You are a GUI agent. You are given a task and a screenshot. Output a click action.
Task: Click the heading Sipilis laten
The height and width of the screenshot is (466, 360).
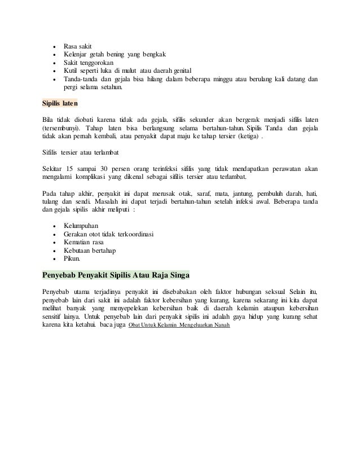pos(60,104)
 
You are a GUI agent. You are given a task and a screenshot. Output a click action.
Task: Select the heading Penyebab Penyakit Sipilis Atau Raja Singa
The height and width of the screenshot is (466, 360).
pos(116,276)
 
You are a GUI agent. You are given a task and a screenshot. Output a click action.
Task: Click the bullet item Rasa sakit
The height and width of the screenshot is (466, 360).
pos(78,46)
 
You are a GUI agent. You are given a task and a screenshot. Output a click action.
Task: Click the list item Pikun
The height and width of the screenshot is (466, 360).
pos(72,260)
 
